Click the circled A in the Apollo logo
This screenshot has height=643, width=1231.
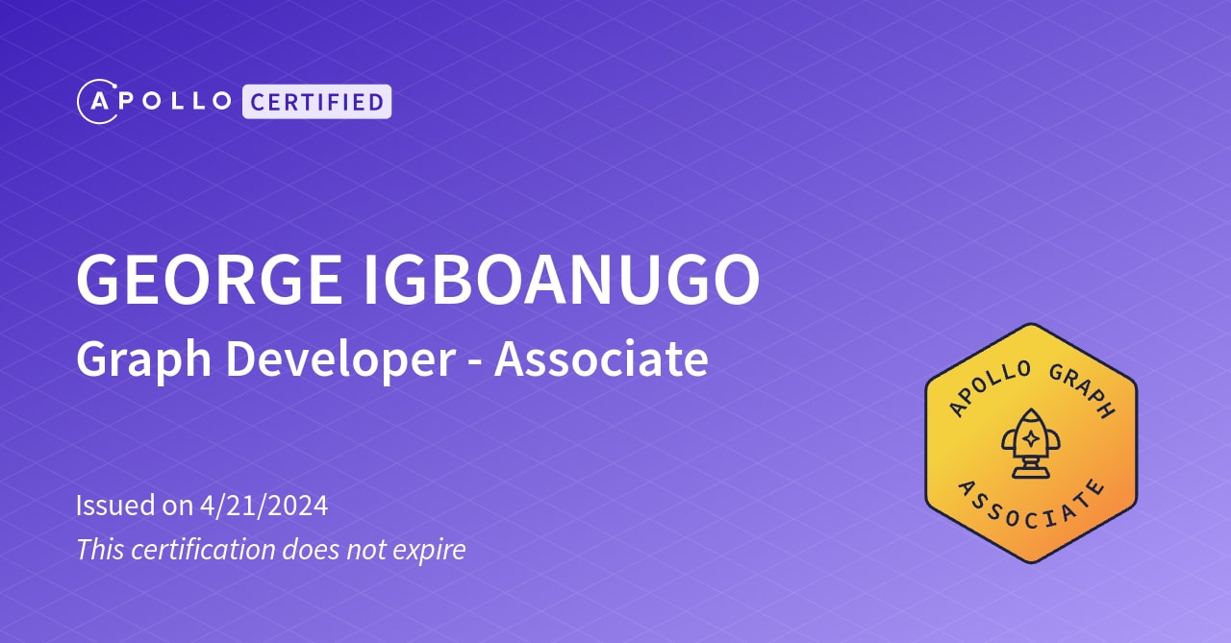(97, 102)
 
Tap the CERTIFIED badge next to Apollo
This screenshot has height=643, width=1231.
(316, 101)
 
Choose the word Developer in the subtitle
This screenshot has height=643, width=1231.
(339, 360)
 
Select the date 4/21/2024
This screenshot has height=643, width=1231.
(264, 506)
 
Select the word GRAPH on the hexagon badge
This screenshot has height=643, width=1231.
(1081, 390)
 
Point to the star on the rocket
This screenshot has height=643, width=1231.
(1030, 438)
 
